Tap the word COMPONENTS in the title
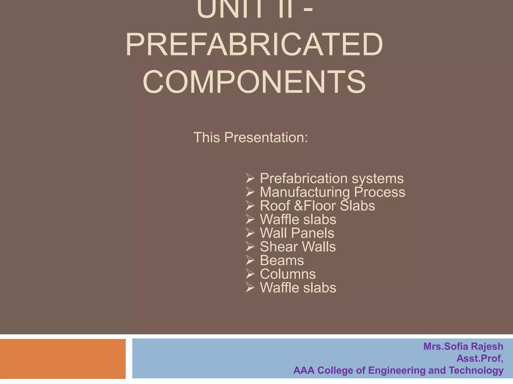[x=254, y=82]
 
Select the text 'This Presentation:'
[x=250, y=137]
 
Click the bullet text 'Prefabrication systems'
[x=332, y=178]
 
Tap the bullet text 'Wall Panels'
[x=297, y=233]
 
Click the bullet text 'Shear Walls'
[x=298, y=247]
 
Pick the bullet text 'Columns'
[x=288, y=274]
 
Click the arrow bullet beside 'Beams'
[x=250, y=260]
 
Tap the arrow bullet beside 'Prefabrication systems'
[x=250, y=179]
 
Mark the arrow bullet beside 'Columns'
[x=250, y=274]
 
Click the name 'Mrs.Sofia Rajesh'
[x=463, y=346]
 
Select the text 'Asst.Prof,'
[x=480, y=358]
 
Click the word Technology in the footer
[x=476, y=370]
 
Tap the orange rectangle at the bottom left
[x=63, y=359]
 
